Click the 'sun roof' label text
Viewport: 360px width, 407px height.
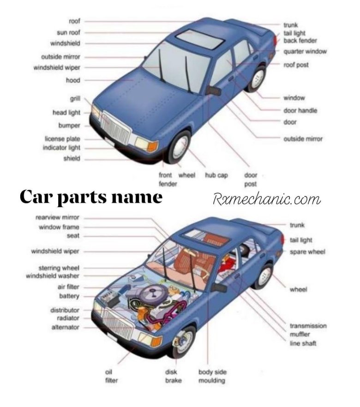[x=68, y=33]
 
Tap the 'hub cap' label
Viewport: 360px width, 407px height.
[x=216, y=176]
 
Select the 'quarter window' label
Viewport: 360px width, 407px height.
[x=305, y=51]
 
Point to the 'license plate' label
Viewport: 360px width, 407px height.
[x=62, y=139]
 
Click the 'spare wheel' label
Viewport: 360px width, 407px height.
[x=307, y=252]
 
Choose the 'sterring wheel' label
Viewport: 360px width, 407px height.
[x=59, y=268]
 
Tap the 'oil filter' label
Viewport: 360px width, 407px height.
[x=111, y=376]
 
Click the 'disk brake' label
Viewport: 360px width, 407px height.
[x=173, y=376]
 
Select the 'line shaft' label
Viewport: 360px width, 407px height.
[x=303, y=343]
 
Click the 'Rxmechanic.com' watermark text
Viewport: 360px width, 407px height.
[x=267, y=200]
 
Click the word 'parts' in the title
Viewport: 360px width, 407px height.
[x=82, y=197]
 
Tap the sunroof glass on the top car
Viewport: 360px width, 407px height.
[x=200, y=39]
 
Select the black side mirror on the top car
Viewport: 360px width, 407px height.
[x=213, y=91]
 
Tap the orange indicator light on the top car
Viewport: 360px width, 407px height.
[x=152, y=146]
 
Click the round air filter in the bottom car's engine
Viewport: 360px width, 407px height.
[x=151, y=294]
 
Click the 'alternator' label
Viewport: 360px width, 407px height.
[x=65, y=328]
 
